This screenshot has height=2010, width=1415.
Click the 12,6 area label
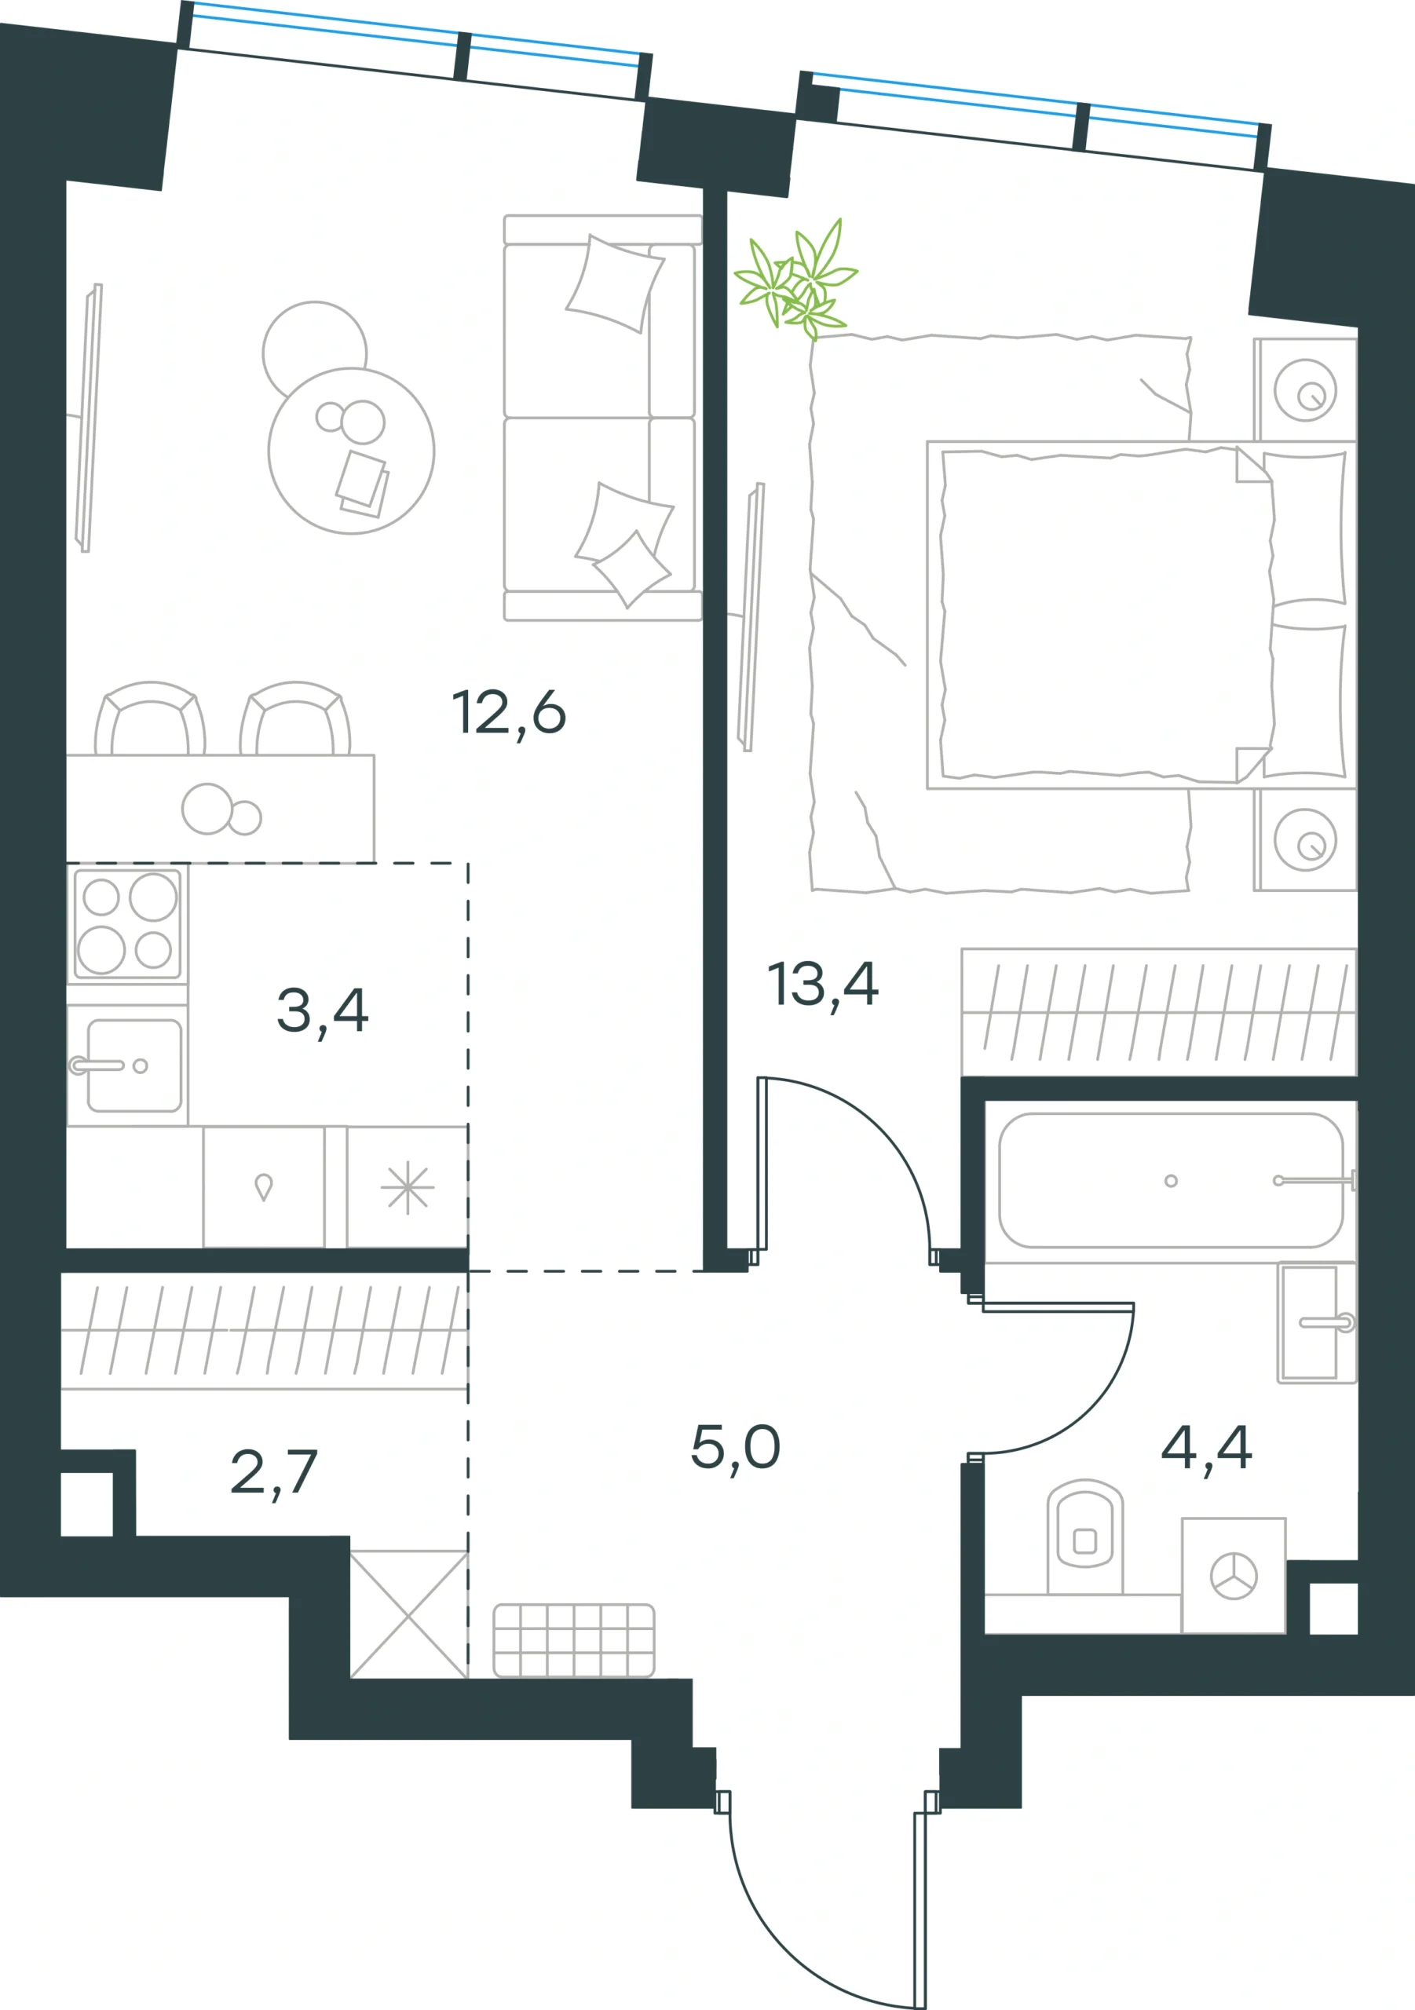509,713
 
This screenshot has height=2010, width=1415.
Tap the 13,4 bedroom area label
822,985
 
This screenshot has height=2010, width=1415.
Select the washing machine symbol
1233,1575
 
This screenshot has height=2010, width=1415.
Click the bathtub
1171,1180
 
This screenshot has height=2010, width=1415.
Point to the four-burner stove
128,923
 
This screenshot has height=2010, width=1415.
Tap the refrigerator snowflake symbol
408,1188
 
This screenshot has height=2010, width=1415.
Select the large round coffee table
351,451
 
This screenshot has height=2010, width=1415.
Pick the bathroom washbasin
1316,1322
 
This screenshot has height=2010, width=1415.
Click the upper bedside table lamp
1304,389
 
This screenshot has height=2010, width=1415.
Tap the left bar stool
150,718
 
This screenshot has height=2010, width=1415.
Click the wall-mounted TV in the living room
89,418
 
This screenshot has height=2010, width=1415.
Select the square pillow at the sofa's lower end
632,568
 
